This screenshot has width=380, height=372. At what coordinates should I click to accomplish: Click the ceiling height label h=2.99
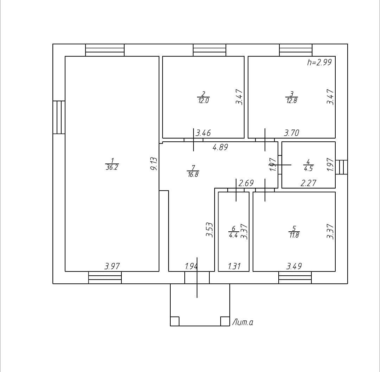[x=319, y=63]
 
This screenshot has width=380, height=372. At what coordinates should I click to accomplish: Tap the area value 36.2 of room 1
[x=112, y=168]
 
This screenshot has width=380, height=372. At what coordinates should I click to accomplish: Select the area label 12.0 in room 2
[x=203, y=101]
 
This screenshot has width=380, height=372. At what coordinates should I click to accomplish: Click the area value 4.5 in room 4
[x=308, y=168]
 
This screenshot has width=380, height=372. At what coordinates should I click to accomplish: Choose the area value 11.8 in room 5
[x=294, y=235]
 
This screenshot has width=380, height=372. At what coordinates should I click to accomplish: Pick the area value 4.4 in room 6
[x=234, y=235]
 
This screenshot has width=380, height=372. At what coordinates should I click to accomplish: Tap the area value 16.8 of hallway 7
[x=193, y=174]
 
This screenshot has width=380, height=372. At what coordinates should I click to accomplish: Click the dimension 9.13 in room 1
[x=154, y=164]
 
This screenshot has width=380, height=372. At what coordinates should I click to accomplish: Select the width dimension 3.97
[x=112, y=266]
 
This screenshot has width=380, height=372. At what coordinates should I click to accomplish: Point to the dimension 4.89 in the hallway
[x=220, y=147]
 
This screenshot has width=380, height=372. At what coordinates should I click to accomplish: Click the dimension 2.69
[x=246, y=183]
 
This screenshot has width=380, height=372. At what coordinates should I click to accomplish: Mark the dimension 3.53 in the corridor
[x=210, y=229]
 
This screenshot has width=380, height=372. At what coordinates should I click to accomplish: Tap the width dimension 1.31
[x=234, y=266]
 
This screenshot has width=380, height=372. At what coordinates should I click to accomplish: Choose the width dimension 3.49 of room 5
[x=294, y=266]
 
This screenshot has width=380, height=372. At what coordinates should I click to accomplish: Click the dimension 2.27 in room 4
[x=308, y=183]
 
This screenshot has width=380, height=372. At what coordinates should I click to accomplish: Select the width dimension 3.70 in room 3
[x=291, y=133]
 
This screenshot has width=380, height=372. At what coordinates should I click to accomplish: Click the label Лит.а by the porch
[x=242, y=322]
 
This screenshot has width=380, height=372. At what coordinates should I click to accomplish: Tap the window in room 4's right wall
[x=341, y=167]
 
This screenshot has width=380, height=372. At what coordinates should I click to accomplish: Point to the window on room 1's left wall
[x=59, y=117]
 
